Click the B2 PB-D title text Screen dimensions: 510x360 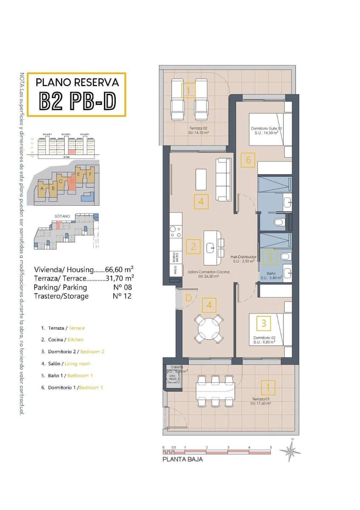(x=77, y=100)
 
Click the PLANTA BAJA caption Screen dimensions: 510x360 (x=183, y=459)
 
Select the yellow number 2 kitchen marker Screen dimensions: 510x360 (x=193, y=246)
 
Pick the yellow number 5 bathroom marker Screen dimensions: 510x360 (x=270, y=257)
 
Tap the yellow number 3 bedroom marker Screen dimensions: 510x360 (x=264, y=323)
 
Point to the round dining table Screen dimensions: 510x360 (x=209, y=329)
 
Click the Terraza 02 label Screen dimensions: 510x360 (x=199, y=130)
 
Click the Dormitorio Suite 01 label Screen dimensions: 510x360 (x=266, y=130)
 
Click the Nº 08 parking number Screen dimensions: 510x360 (x=122, y=287)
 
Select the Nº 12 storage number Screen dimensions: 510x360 (x=122, y=296)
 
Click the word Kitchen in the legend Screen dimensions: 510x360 (x=76, y=340)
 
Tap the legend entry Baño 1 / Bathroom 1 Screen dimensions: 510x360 (x=67, y=375)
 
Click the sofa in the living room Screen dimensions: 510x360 (x=224, y=179)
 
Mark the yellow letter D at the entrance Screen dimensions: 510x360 (x=189, y=298)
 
